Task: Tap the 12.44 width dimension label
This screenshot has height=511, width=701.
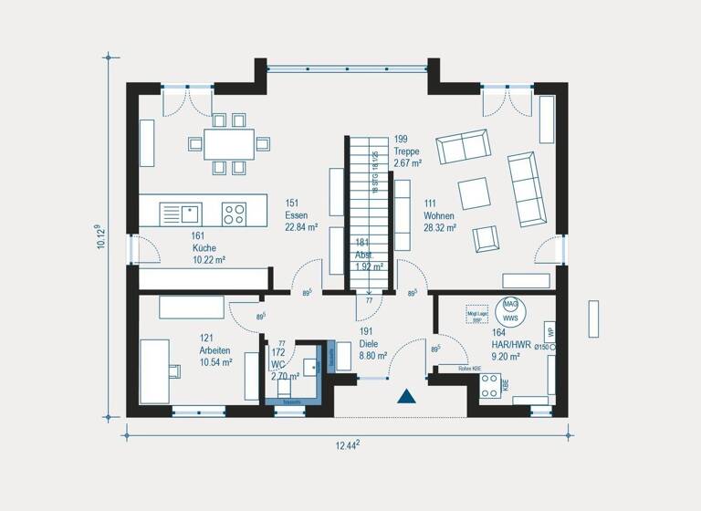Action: [344, 444]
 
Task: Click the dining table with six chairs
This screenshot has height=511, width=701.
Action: [229, 143]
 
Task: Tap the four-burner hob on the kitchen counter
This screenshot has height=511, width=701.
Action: [234, 214]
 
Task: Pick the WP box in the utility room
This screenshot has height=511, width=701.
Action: [549, 329]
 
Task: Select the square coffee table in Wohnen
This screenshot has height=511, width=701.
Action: [473, 193]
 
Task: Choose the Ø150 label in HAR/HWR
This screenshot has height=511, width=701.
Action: [543, 348]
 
